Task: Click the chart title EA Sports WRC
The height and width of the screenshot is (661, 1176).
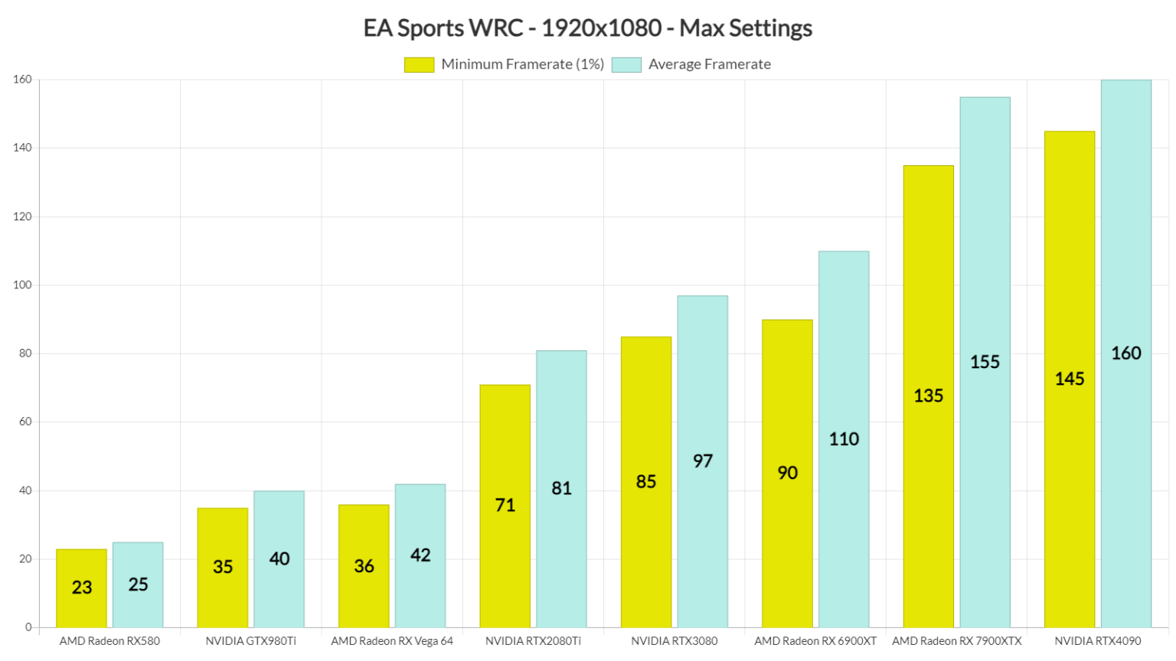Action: [x=587, y=28]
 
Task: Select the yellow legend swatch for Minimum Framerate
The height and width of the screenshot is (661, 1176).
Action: [x=419, y=65]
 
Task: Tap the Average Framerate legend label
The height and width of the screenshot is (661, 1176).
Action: [x=709, y=65]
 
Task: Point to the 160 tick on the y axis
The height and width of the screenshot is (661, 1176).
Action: [x=22, y=80]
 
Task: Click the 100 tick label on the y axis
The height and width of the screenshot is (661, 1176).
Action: [x=22, y=285]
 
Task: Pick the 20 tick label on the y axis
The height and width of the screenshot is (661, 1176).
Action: [x=25, y=558]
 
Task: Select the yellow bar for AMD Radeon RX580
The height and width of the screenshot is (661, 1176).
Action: [x=81, y=588]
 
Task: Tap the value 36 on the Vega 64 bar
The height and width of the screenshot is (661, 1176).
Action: [x=364, y=566]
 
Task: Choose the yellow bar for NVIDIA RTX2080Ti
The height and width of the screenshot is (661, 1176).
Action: [x=505, y=506]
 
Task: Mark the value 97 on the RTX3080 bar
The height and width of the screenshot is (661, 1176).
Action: [x=703, y=461]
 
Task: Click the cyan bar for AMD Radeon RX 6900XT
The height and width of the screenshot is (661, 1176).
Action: [x=844, y=439]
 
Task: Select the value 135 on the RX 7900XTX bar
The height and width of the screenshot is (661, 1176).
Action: [x=928, y=396]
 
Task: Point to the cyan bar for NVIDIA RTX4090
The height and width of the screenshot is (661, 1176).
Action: [x=1125, y=353]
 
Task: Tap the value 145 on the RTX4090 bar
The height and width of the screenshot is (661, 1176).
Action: [x=1070, y=379]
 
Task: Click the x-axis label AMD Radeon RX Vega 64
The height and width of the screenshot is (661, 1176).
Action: [x=392, y=641]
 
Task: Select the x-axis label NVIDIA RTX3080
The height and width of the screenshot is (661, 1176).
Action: [x=675, y=641]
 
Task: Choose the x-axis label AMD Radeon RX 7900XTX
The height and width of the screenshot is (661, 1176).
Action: [x=956, y=641]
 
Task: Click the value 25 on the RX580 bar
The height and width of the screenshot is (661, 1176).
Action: [x=138, y=584]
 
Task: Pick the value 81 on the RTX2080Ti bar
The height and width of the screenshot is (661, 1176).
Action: [x=561, y=488]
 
